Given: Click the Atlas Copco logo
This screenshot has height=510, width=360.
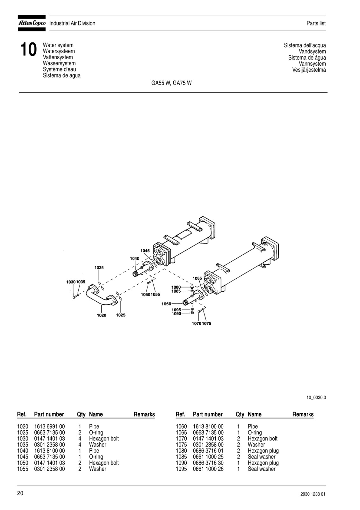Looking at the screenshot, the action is point(32,23).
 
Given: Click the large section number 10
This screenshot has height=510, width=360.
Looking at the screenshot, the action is point(28,50).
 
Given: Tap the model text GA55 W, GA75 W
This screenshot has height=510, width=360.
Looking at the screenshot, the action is point(171,83).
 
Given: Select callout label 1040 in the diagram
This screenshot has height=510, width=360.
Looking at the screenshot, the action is point(134,259).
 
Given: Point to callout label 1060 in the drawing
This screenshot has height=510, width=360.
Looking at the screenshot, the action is point(166,304).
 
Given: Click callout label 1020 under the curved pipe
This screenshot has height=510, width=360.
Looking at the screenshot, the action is point(102,315).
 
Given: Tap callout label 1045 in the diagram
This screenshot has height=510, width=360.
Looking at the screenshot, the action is point(145,251).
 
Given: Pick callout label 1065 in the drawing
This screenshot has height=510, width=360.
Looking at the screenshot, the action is point(197,278).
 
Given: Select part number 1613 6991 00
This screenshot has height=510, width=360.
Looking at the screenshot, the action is point(49,426).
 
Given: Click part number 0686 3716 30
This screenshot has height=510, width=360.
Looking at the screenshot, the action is point(208,463).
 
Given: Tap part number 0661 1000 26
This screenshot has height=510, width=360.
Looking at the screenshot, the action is point(208,469).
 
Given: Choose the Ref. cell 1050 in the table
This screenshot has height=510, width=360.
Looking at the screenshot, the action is point(23,463).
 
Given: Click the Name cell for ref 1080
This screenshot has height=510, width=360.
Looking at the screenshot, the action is point(263,451).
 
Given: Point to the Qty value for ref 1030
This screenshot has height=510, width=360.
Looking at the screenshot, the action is point(80,439).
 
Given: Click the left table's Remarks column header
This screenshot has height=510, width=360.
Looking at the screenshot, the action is point(144,414).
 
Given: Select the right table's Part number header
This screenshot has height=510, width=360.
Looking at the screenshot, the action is point(207,414).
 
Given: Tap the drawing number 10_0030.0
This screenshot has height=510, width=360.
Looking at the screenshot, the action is point(316,397).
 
